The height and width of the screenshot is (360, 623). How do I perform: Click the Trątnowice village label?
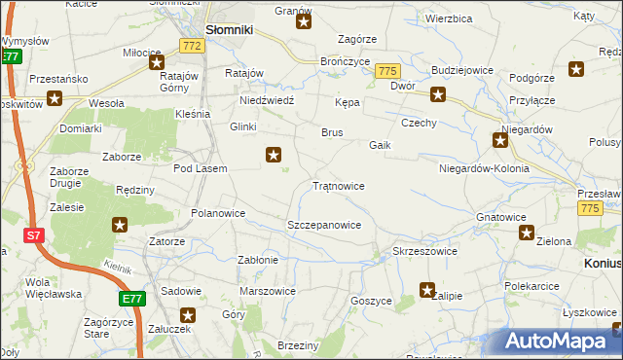point(338,185)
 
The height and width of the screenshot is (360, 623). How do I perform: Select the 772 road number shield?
point(193,46)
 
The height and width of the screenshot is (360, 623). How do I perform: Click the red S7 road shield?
point(34,235)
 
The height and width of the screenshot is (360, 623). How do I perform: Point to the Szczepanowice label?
point(324,225)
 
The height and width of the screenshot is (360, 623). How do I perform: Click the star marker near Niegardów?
point(500,142)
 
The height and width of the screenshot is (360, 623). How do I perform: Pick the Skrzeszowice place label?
point(424,251)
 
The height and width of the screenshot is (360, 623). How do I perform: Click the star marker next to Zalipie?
point(426,289)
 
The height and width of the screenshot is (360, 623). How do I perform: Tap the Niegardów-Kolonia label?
point(484,168)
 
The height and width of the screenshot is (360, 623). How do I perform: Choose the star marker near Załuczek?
point(188,315)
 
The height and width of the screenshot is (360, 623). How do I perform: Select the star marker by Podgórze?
point(576,69)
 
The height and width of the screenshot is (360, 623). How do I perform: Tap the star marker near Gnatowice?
point(527,233)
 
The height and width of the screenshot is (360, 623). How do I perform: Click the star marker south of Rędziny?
point(120,226)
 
